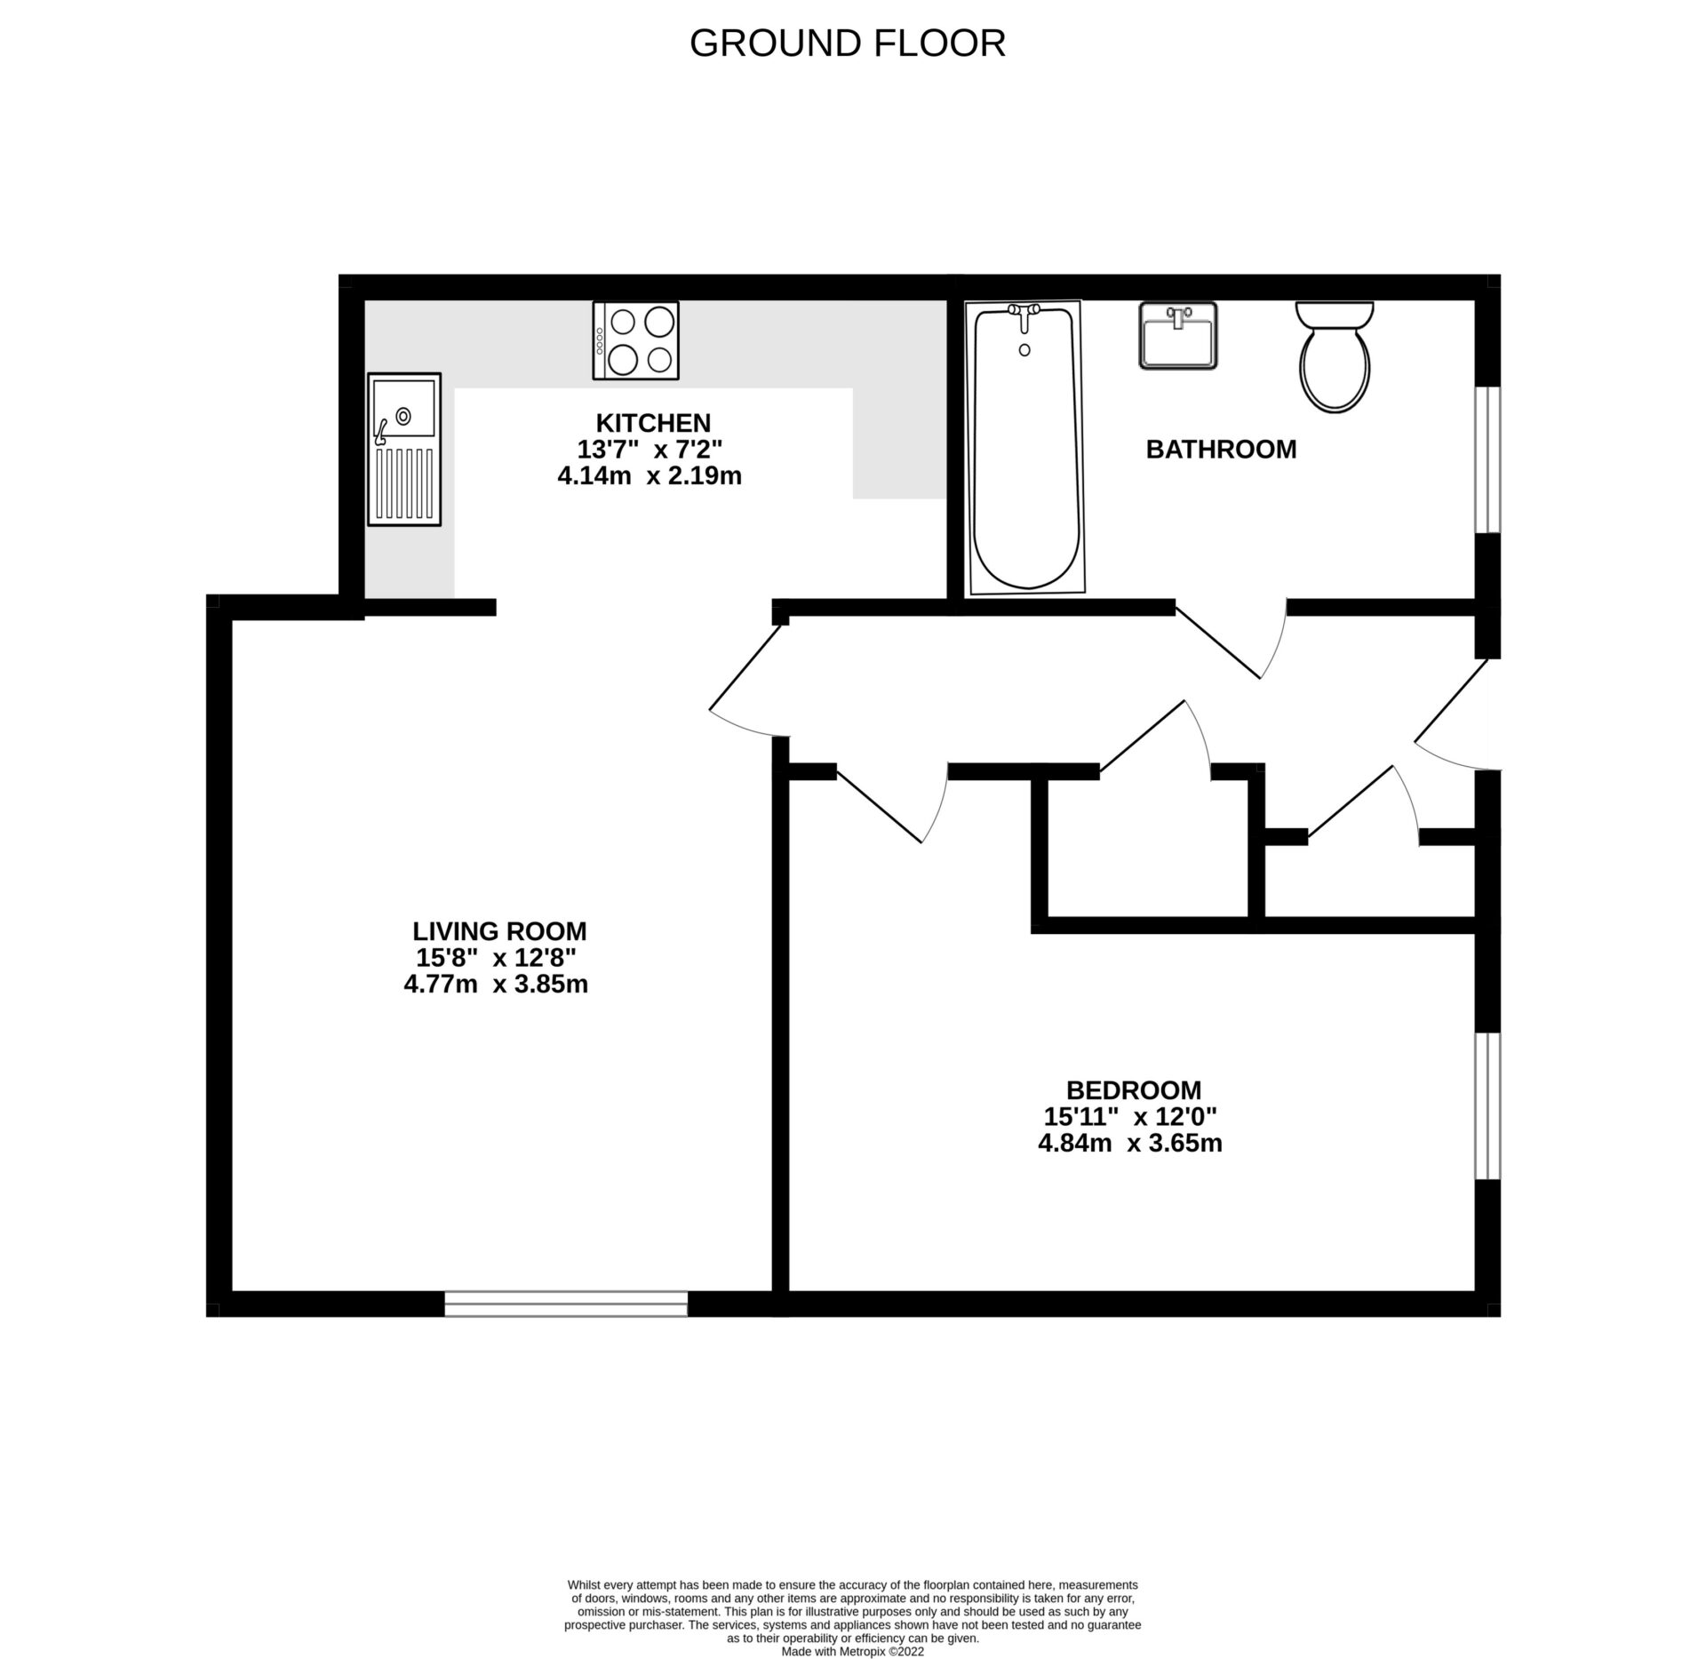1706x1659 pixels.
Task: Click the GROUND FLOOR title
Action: click(x=847, y=44)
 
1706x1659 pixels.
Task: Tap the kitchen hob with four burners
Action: click(x=635, y=340)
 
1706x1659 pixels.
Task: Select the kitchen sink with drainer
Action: click(x=404, y=449)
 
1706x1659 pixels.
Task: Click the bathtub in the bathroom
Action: click(x=1025, y=447)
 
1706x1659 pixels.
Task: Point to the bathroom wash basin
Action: click(x=1177, y=335)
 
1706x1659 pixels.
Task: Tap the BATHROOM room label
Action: click(x=1221, y=450)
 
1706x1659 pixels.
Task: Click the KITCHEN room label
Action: click(x=653, y=422)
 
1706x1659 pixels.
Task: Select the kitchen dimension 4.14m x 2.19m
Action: click(x=650, y=476)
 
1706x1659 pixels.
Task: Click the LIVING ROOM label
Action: click(x=499, y=931)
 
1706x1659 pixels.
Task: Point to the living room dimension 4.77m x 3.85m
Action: click(x=496, y=985)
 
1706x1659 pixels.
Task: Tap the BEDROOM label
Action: click(x=1134, y=1089)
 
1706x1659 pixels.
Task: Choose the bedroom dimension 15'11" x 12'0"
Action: click(x=1130, y=1116)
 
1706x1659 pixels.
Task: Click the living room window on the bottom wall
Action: click(x=566, y=1304)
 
